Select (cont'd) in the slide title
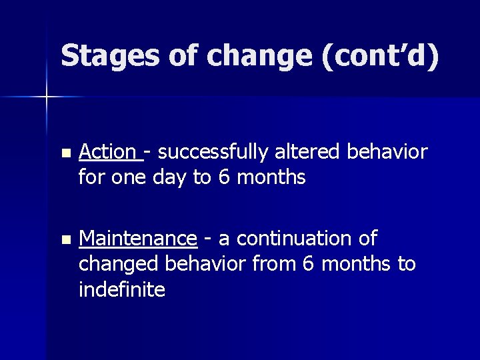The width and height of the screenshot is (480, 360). coord(381,56)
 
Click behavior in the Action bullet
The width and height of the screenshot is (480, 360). coord(387,153)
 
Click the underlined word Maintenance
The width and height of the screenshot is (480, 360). coord(137,239)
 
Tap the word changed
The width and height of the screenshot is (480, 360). coord(116,264)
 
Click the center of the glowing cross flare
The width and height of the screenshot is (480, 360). coord(47,97)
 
